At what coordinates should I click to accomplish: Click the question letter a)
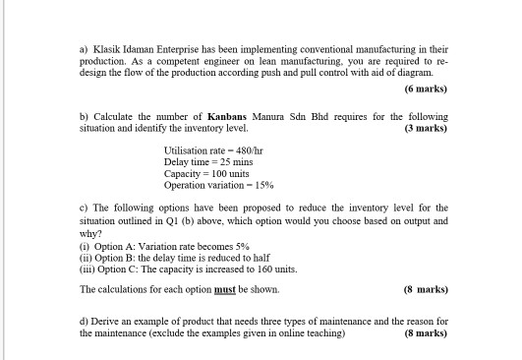85,46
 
